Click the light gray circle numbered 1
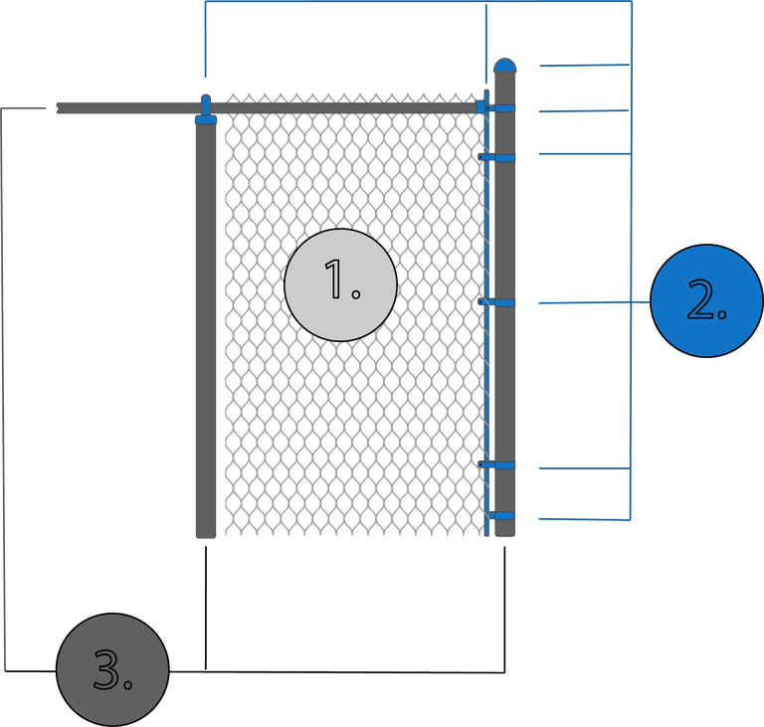[x=340, y=284]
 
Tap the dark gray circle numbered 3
[x=112, y=669]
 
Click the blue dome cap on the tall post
[x=505, y=66]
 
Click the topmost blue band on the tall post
[x=504, y=107]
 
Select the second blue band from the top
[x=504, y=157]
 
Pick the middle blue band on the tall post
[x=504, y=301]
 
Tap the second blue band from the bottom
[x=504, y=463]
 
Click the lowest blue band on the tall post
[x=504, y=515]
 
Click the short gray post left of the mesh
[x=205, y=328]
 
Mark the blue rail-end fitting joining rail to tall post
[x=483, y=105]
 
